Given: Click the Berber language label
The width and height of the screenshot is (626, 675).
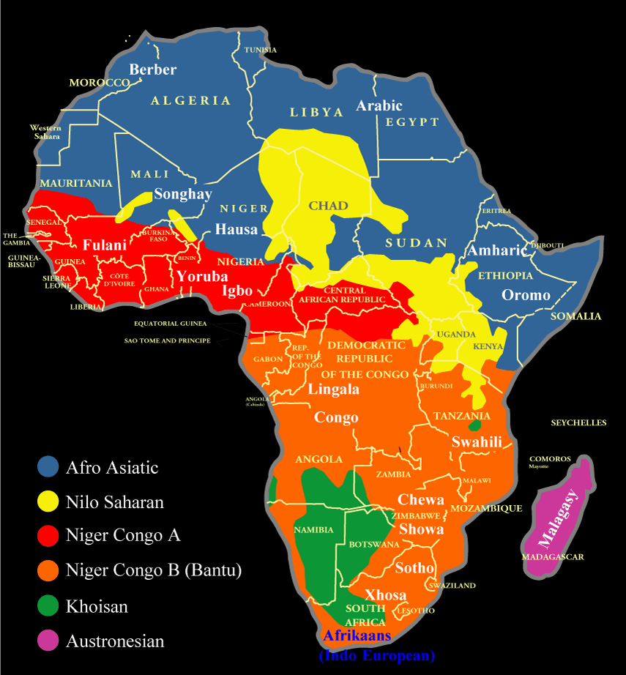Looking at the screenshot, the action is pyautogui.click(x=153, y=70).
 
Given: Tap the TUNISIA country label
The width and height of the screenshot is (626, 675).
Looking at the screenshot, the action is pyautogui.click(x=261, y=50).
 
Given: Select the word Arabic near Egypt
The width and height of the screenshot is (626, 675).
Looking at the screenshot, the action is pyautogui.click(x=379, y=105).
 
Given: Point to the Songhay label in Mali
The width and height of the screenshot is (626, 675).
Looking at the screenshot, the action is pyautogui.click(x=182, y=194).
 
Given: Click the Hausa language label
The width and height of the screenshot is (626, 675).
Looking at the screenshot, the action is pyautogui.click(x=236, y=229).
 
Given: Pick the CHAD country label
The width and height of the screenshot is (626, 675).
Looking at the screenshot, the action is pyautogui.click(x=328, y=205).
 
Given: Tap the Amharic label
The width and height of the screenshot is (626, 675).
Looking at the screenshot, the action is pyautogui.click(x=497, y=250).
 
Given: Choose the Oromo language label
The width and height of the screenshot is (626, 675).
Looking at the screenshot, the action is pyautogui.click(x=526, y=295).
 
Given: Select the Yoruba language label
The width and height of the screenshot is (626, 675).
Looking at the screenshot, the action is pyautogui.click(x=202, y=277).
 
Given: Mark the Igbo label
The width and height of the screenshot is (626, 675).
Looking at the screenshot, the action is pyautogui.click(x=238, y=291).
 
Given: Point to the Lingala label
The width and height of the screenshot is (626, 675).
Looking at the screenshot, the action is pyautogui.click(x=333, y=389).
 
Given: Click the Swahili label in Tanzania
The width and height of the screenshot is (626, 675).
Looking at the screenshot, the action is pyautogui.click(x=477, y=441).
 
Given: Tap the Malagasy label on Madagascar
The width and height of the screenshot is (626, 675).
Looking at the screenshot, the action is pyautogui.click(x=559, y=520).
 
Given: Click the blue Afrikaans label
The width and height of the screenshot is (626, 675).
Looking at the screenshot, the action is pyautogui.click(x=357, y=635).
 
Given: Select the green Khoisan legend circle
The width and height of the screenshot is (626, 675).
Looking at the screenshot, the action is pyautogui.click(x=48, y=606).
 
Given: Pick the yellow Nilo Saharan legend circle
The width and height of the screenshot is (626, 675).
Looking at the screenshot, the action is pyautogui.click(x=48, y=501).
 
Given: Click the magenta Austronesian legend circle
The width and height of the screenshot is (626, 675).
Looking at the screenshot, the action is pyautogui.click(x=48, y=641).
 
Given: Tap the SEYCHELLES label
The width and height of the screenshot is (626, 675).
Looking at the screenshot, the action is pyautogui.click(x=578, y=423).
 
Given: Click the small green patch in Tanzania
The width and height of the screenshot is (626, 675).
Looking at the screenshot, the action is pyautogui.click(x=474, y=424).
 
